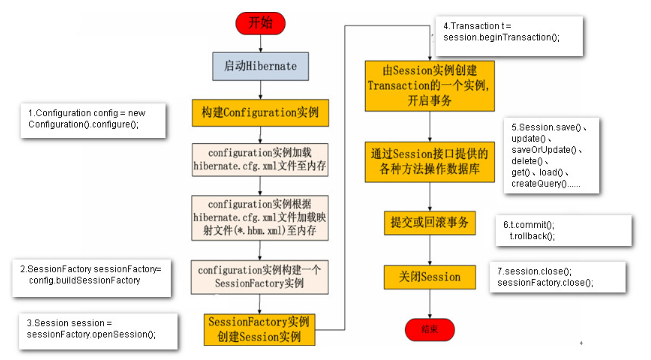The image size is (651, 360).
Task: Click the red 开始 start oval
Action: [x=259, y=22]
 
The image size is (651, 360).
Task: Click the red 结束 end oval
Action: [x=427, y=328]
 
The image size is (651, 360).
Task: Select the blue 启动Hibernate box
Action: [x=259, y=66]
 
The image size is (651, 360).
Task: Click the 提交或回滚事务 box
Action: [x=427, y=221]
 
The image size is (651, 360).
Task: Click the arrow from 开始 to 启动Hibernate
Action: [x=259, y=42]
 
